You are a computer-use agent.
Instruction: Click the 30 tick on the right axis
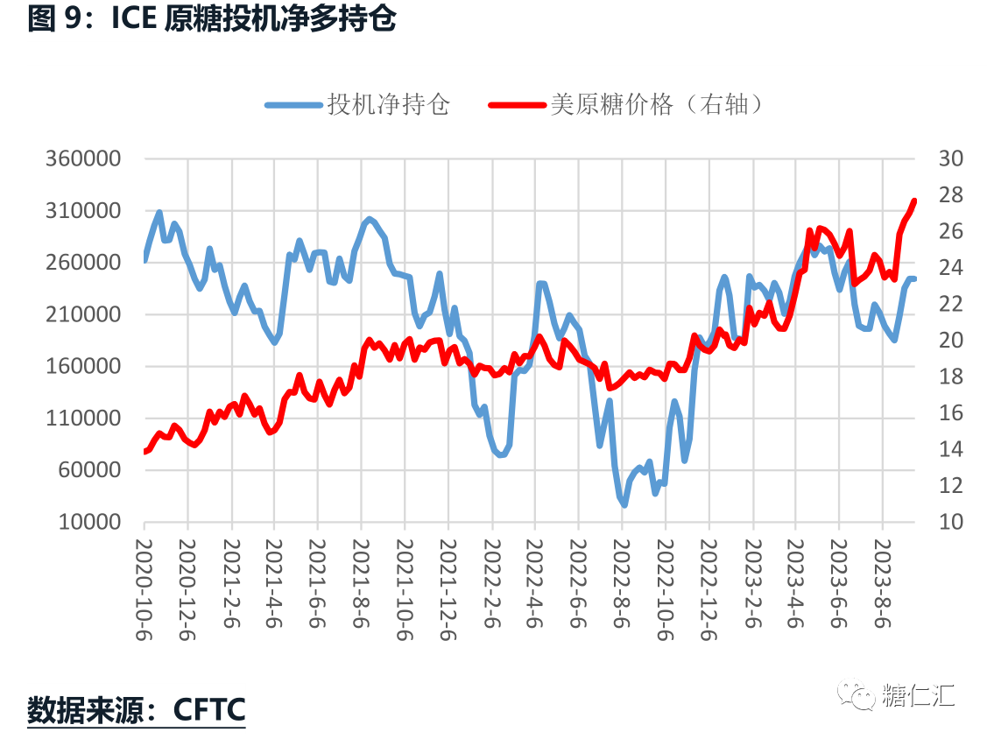[x=949, y=159]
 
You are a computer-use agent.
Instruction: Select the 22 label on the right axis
[x=949, y=304]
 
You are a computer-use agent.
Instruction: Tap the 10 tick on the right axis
[x=949, y=522]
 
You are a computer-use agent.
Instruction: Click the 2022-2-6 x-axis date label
[x=491, y=584]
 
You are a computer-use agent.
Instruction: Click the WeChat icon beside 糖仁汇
[x=856, y=696]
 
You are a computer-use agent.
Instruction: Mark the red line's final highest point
[x=913, y=201]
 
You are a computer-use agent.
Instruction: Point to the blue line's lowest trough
[x=624, y=504]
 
